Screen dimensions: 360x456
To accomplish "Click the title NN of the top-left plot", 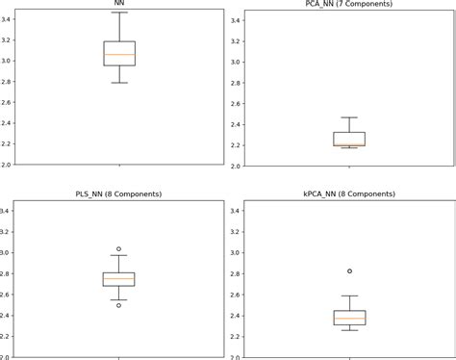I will (x=119, y=5).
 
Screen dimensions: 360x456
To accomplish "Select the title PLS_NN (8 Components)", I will (x=119, y=194).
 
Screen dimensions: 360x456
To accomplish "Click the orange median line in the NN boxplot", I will (x=119, y=55).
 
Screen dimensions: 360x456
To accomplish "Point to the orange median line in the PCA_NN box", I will (x=349, y=144).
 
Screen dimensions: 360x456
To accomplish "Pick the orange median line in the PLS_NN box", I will (x=119, y=279).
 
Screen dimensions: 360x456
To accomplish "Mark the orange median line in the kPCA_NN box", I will (x=349, y=319).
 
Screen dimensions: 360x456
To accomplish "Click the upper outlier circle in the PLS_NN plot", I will (x=119, y=249).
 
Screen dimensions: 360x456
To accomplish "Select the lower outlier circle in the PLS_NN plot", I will (x=119, y=304).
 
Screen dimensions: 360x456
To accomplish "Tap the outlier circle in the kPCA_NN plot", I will (x=349, y=271).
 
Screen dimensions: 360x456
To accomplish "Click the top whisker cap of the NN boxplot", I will (x=119, y=13).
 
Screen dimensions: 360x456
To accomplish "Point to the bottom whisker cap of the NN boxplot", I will (x=119, y=83).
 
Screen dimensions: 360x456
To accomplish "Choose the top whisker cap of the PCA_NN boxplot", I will (x=349, y=117).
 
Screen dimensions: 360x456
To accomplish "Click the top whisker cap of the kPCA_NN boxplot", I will (x=349, y=296).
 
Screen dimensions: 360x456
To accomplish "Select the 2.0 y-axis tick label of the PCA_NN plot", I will (x=237, y=165).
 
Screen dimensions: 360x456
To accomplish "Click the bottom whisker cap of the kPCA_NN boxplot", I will (x=349, y=330).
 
